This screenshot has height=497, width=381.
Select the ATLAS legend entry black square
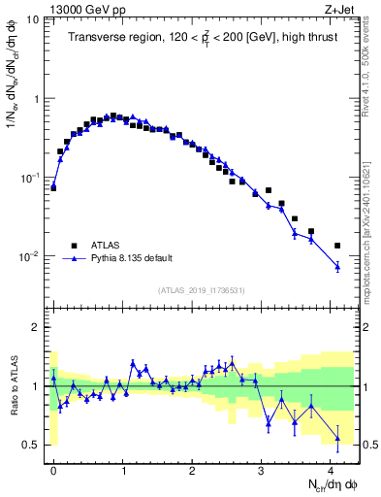(73, 246)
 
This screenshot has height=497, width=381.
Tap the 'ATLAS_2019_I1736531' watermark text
(201, 290)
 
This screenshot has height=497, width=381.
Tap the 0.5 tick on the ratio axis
(32, 446)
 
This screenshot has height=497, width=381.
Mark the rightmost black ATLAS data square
(337, 246)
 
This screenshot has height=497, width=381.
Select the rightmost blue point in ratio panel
(337, 439)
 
